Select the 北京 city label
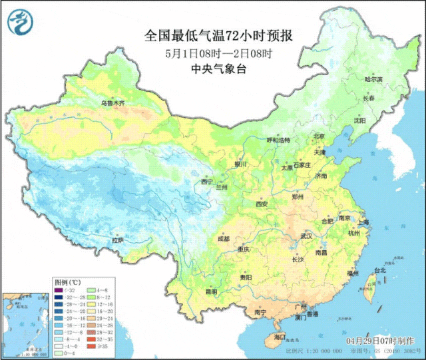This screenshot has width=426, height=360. [319, 136]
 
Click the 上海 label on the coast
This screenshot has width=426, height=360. [363, 222]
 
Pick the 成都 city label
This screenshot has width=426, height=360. [223, 238]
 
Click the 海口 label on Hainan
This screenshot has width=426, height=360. [280, 337]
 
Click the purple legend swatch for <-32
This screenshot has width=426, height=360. [59, 290]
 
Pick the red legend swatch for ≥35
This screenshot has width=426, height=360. [91, 346]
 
